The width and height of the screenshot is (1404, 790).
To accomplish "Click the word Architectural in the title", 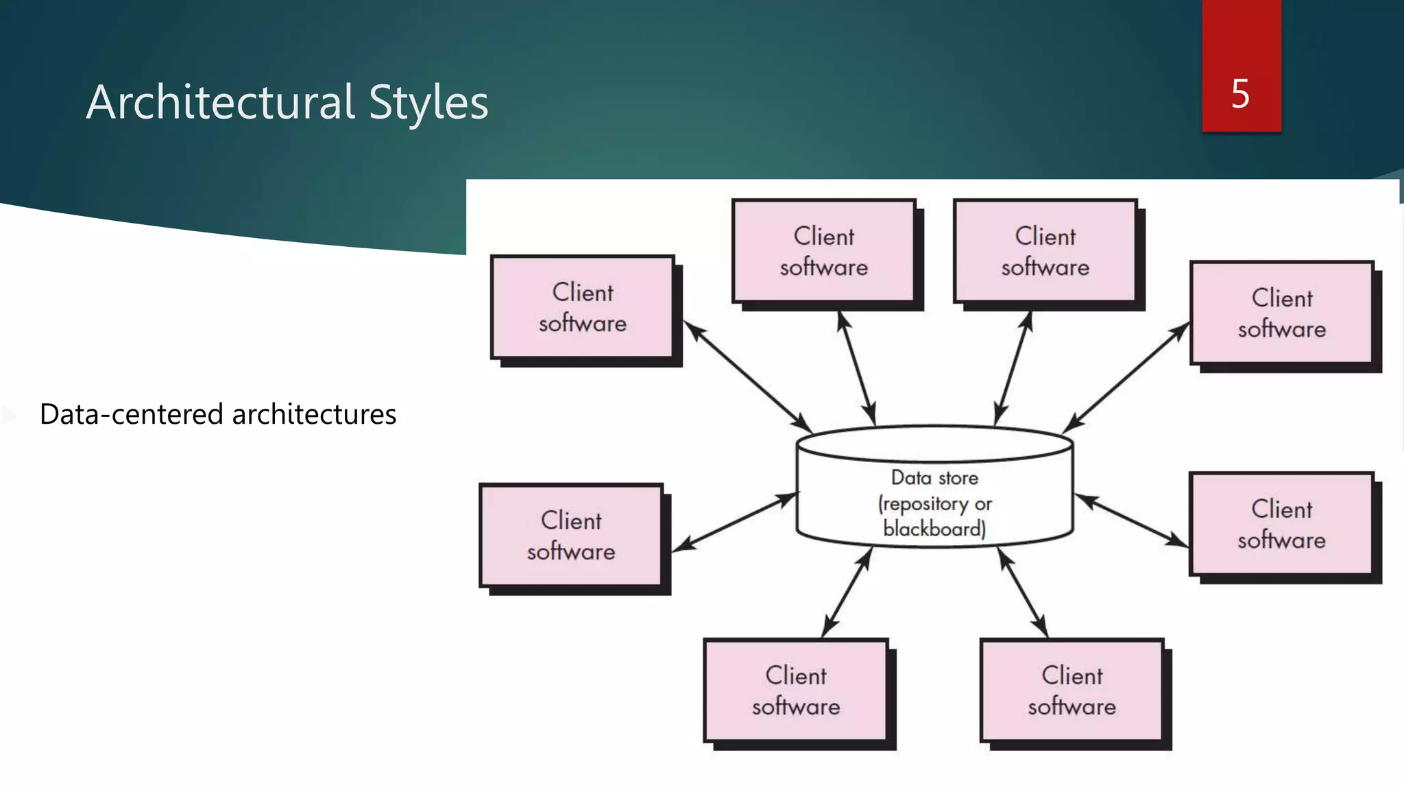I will (219, 103).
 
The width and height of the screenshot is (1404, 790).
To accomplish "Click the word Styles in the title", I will (428, 103).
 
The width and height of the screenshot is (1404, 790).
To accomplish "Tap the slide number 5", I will (1240, 93).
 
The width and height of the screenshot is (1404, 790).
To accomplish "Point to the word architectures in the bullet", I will (314, 414).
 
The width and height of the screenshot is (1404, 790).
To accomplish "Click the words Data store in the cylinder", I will (934, 478).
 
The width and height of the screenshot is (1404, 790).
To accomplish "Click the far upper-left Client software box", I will (583, 307).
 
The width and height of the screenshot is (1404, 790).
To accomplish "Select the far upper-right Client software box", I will (1281, 313).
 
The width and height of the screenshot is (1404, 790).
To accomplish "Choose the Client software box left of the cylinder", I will (571, 536).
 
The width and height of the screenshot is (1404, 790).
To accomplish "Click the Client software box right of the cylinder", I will (1281, 524).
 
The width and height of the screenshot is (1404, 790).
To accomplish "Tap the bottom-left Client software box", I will (795, 691).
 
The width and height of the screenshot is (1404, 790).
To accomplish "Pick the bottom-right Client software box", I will (1072, 691).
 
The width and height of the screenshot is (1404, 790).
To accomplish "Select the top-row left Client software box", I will (823, 251).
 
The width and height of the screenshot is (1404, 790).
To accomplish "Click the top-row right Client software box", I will (1045, 251).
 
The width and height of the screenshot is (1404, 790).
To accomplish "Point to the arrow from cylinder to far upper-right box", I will (1126, 378).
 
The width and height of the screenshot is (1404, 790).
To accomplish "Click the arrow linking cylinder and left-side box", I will (735, 522).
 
